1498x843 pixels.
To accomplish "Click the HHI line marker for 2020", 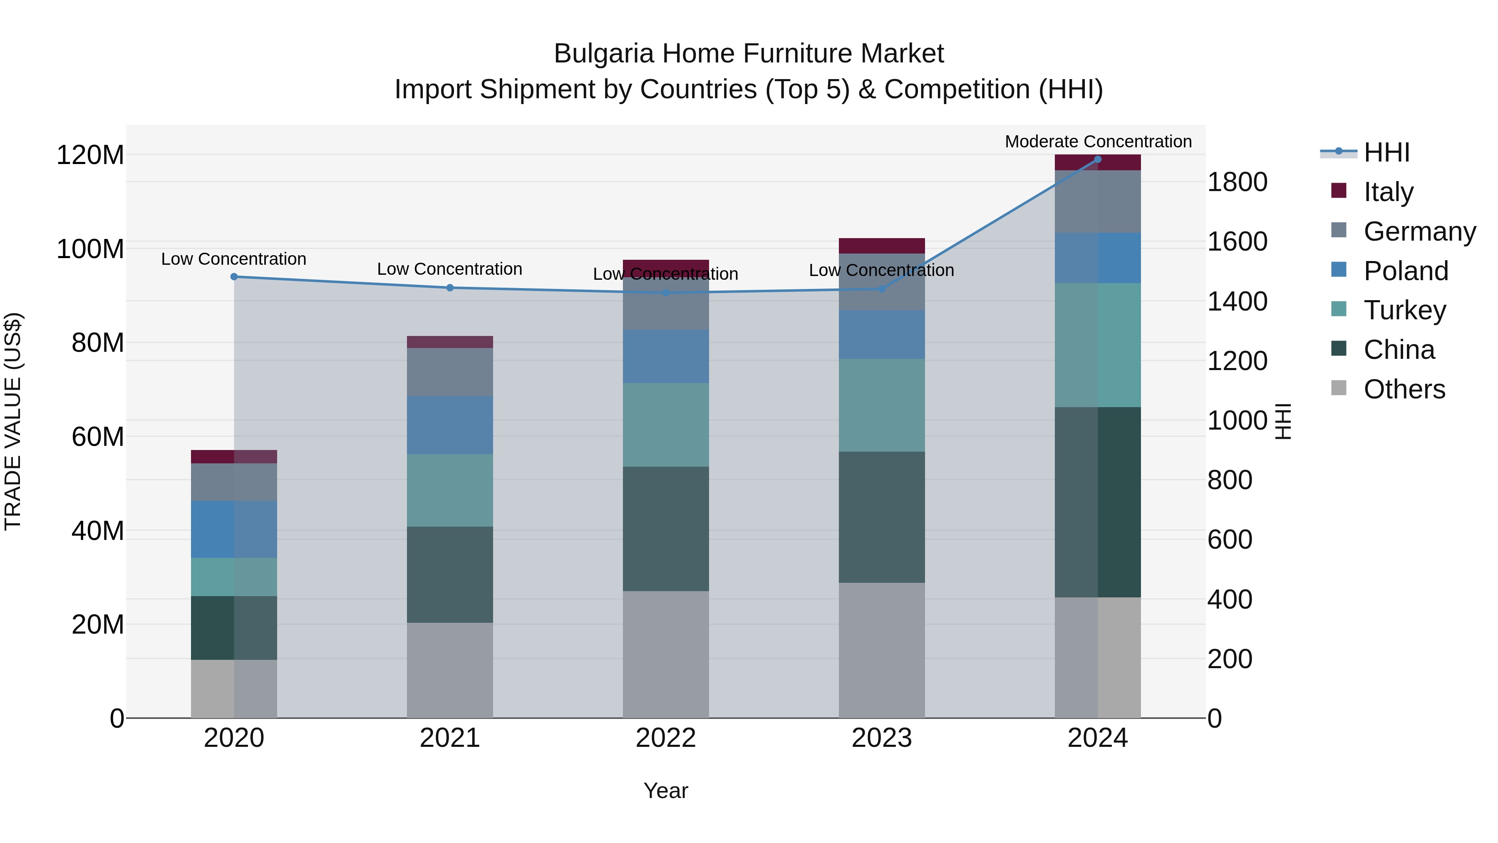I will pos(234,277).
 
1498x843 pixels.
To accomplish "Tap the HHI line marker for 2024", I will pos(1097,159).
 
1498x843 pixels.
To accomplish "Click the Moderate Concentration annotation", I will pos(1098,142).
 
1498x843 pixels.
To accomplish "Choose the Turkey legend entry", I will pos(1404,310).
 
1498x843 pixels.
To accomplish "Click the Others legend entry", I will pos(1404,389).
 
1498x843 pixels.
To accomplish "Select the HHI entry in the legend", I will pos(1386,152).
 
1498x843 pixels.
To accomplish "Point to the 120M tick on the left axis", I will pos(90,155).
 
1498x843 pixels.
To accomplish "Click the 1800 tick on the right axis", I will pos(1238,182).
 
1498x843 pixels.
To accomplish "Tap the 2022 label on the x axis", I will pos(665,738).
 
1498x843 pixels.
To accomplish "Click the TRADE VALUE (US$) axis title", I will pos(13,422).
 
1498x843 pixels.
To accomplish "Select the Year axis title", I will pos(665,791).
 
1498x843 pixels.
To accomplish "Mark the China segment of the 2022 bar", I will pos(665,529).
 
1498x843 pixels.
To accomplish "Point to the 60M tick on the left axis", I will pos(98,437).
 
